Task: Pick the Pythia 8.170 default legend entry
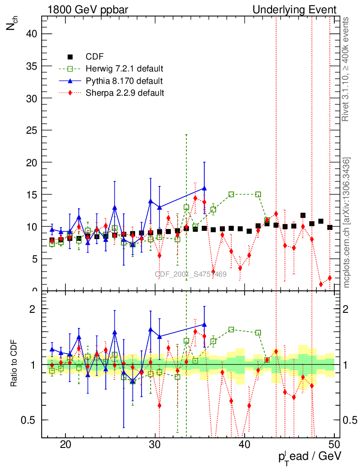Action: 124,81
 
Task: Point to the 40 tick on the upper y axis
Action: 33,34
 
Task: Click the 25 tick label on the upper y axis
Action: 33,130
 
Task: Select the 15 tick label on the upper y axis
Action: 33,194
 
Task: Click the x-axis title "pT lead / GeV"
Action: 309,457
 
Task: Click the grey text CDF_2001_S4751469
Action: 191,274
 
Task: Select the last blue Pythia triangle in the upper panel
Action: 204,188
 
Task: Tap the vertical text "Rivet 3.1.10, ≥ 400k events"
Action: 346,69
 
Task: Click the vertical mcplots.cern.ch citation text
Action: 347,222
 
